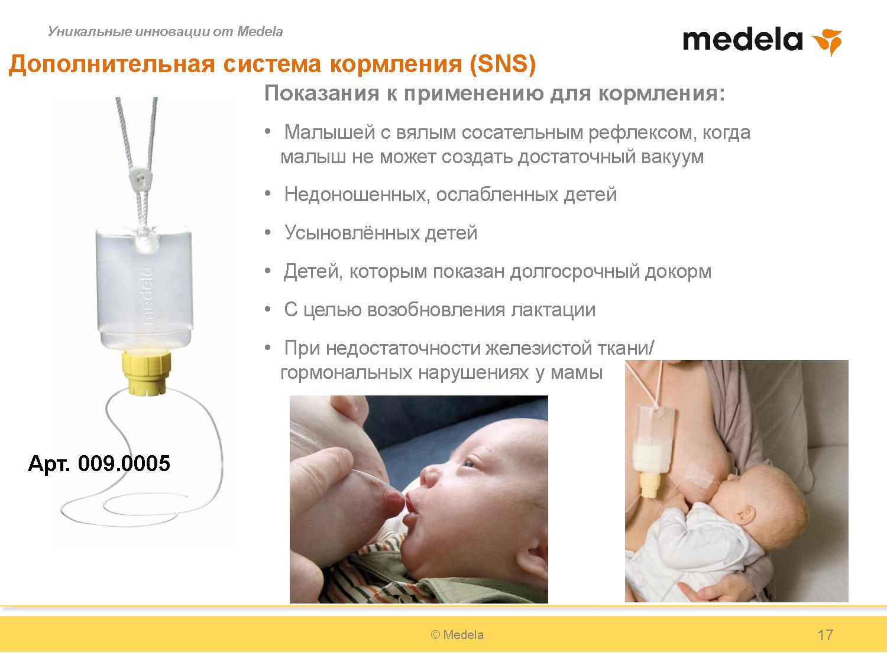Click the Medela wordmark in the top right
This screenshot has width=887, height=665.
[x=742, y=40]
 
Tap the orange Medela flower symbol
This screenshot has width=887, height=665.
[x=828, y=42]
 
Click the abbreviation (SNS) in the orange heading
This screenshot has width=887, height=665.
[x=503, y=64]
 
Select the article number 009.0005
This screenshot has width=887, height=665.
[x=124, y=463]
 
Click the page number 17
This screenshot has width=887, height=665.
[x=825, y=635]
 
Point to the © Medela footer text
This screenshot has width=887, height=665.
[x=457, y=635]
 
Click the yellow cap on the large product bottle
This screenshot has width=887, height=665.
[x=148, y=372]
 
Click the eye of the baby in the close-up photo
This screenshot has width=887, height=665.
[x=469, y=463]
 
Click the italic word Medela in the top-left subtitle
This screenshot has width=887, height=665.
[x=260, y=31]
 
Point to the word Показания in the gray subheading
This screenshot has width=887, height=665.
[x=321, y=93]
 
